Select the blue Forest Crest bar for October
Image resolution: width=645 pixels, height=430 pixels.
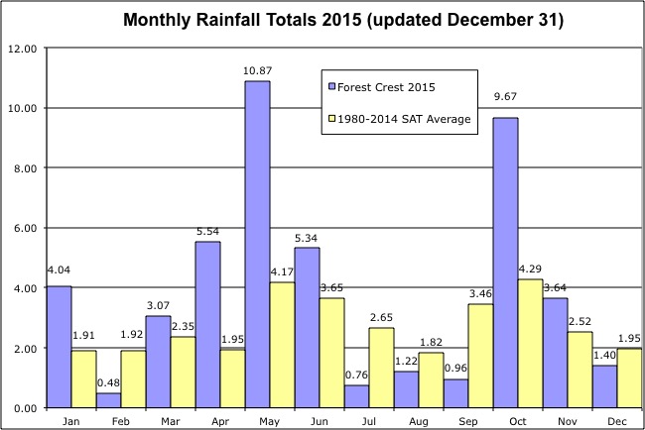(x=504, y=263)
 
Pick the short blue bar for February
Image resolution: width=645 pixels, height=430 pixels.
(x=107, y=400)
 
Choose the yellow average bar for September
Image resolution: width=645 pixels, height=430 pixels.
(x=479, y=356)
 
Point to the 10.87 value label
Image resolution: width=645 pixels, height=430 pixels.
(x=256, y=70)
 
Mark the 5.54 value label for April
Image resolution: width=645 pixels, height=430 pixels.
(x=207, y=231)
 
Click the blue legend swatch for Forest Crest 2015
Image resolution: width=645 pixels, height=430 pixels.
(x=331, y=85)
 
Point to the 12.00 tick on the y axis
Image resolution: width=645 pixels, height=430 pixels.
(x=22, y=48)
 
